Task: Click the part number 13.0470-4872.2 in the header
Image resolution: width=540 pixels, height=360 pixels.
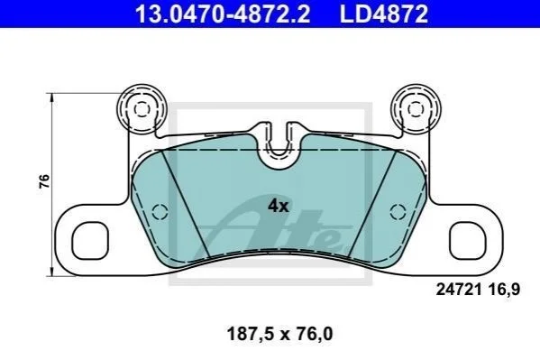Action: pos(223,14)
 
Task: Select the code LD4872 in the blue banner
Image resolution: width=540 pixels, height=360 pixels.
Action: pos(384,14)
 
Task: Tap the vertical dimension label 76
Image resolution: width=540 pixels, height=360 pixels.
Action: pos(44,181)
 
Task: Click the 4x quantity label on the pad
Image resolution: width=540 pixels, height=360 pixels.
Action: pos(279,206)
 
